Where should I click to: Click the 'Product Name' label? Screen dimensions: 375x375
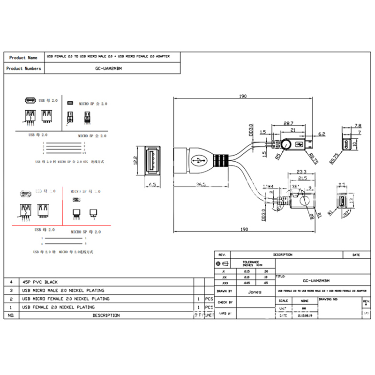[23, 58]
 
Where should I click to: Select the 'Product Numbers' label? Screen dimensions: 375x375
[23, 68]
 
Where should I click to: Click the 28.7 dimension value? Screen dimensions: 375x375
[289, 123]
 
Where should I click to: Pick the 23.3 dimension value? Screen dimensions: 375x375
[302, 172]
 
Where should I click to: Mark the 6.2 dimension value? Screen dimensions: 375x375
[322, 134]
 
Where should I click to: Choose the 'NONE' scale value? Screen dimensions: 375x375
[305, 301]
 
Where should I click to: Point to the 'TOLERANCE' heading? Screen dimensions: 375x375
[251, 262]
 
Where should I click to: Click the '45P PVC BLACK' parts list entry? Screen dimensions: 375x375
[40, 282]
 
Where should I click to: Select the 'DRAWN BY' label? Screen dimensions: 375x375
[225, 291]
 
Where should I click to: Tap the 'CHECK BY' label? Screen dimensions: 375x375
[225, 302]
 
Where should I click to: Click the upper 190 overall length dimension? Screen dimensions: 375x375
[243, 96]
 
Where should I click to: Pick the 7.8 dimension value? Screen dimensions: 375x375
[358, 126]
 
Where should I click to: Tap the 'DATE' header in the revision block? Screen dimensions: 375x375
[356, 255]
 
